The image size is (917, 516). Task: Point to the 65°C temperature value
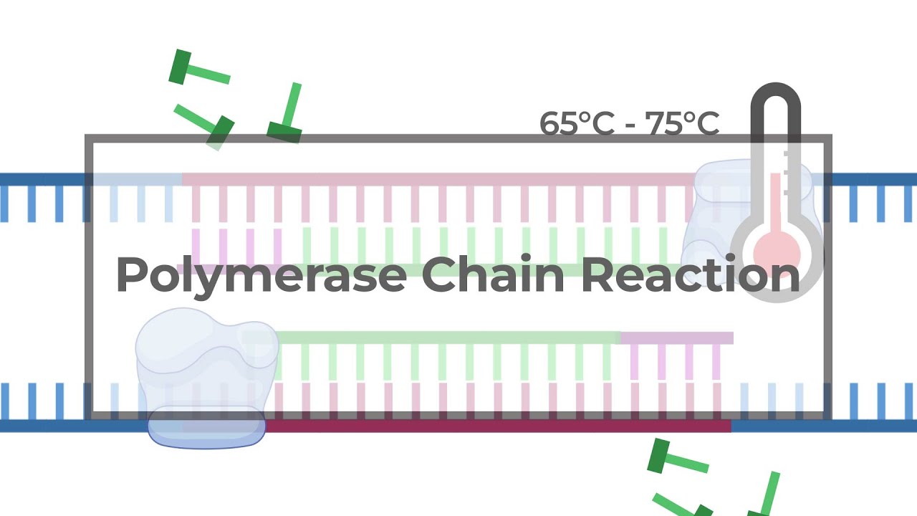click(577, 123)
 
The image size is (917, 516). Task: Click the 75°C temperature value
click(682, 123)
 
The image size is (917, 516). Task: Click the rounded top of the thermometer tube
click(775, 97)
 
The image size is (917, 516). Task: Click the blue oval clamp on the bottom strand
click(206, 427)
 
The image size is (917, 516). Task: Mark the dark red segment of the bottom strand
click(494, 426)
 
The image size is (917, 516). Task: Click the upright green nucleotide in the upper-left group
click(288, 115)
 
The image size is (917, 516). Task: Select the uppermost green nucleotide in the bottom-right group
click(676, 459)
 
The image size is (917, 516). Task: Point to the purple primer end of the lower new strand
click(676, 338)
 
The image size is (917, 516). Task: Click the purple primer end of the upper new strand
click(229, 269)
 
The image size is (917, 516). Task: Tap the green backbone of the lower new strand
click(444, 337)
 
